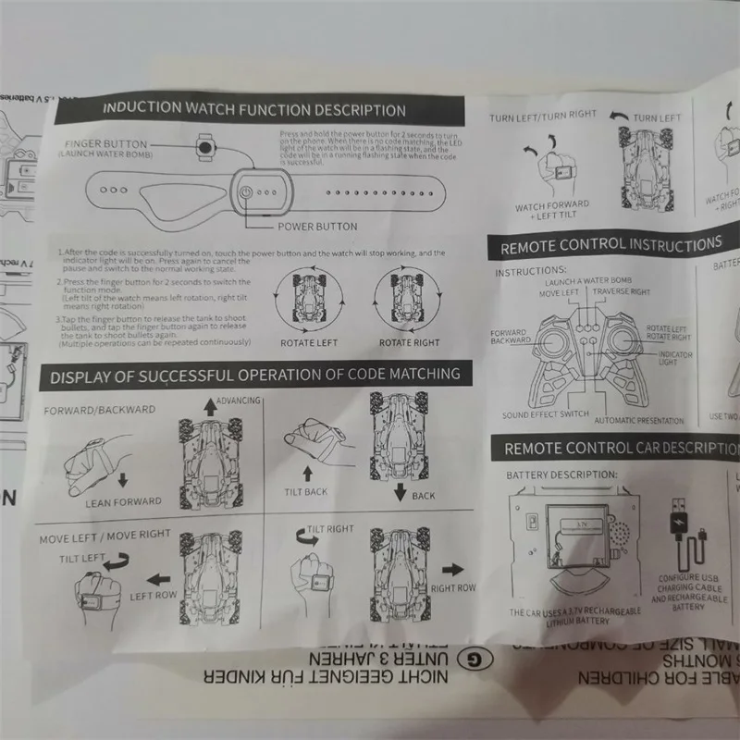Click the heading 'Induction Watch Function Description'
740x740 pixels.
click(253, 108)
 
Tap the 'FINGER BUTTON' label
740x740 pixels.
click(105, 145)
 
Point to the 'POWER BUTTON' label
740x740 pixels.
click(317, 226)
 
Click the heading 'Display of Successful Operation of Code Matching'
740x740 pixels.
click(254, 376)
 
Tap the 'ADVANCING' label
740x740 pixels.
click(238, 401)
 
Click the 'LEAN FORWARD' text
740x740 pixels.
click(123, 502)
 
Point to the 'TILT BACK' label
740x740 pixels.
click(306, 491)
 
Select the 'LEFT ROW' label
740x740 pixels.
click(153, 596)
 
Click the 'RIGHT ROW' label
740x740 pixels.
click(453, 587)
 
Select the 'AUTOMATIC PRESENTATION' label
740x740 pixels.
click(639, 421)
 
